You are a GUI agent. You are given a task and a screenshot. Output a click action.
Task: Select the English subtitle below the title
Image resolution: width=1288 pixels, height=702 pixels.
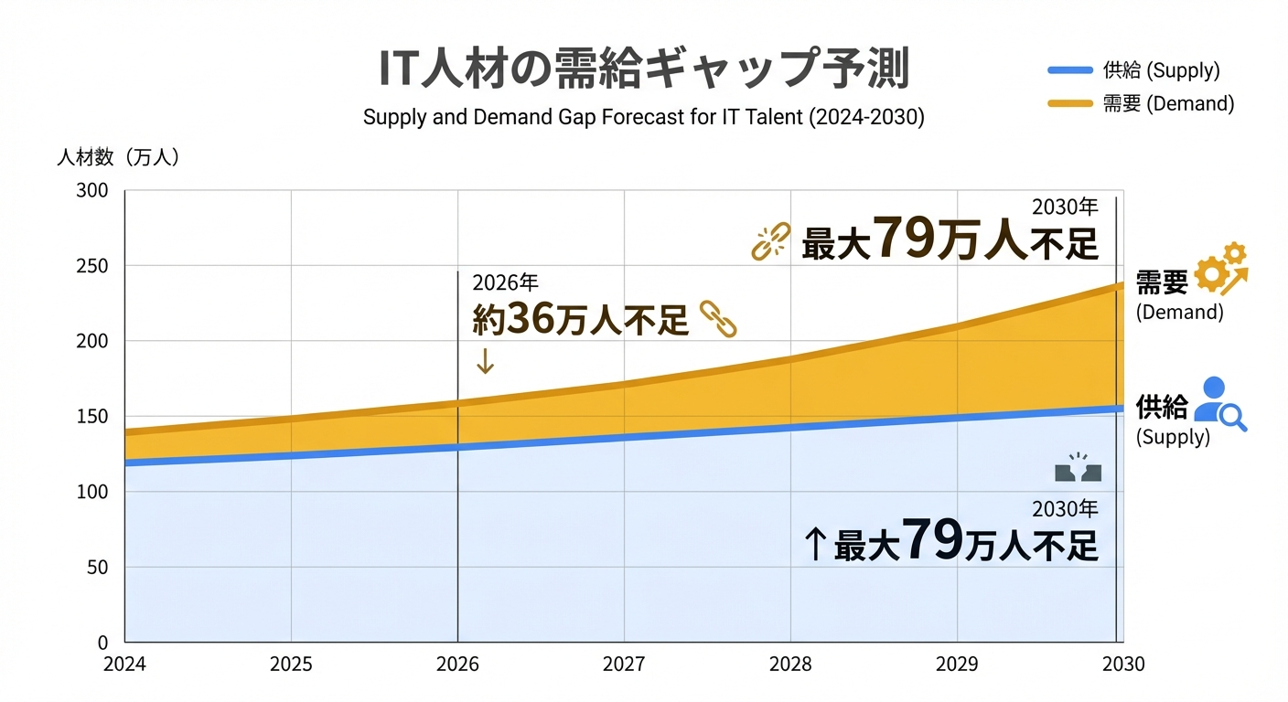tap(643, 118)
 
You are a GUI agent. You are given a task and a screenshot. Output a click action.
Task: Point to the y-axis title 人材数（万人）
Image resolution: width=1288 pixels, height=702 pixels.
tap(119, 157)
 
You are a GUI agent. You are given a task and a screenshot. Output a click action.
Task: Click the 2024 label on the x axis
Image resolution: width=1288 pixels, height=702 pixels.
tap(124, 665)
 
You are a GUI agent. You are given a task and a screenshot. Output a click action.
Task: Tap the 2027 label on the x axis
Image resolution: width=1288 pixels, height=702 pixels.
tap(624, 665)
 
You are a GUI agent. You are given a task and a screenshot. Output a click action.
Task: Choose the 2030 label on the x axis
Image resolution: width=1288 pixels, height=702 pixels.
tap(1122, 665)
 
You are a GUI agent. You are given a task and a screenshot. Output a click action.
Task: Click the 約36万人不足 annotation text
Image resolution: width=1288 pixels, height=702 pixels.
tap(580, 321)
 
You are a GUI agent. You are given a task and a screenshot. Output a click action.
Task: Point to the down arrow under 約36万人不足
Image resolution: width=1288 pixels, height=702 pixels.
tap(485, 362)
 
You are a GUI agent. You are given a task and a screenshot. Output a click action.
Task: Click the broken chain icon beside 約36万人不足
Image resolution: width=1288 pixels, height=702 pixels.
tap(718, 319)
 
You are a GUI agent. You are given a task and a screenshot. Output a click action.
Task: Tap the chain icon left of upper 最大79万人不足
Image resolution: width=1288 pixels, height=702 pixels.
tap(769, 243)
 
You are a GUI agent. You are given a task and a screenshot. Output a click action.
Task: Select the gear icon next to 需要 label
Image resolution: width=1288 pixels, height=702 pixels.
tap(1221, 267)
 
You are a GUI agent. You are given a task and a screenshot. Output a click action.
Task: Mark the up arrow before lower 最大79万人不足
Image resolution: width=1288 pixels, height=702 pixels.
tap(814, 545)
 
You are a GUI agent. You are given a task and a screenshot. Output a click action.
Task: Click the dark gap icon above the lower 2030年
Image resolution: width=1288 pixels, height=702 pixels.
tap(1078, 469)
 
